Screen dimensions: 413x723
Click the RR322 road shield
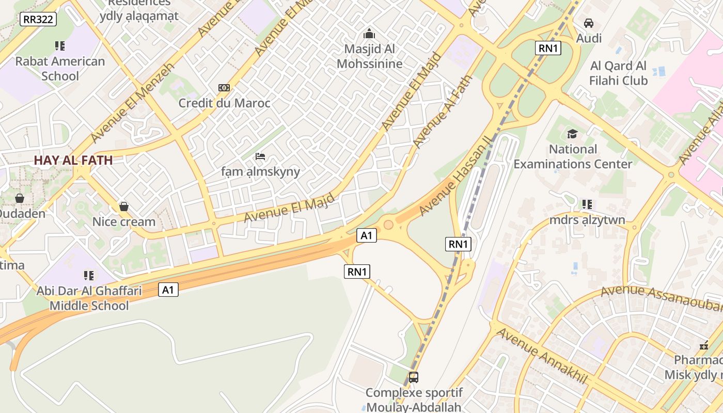pos(38,20)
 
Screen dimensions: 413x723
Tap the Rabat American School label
pos(60,69)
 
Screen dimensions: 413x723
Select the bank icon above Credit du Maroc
pos(224,88)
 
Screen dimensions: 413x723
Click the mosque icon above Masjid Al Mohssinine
pos(369,34)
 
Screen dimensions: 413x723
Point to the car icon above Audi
pos(589,23)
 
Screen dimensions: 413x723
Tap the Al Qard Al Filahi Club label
pos(619,73)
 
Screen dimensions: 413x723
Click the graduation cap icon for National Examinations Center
pos(572,134)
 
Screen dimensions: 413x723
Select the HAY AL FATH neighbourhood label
pos(73,160)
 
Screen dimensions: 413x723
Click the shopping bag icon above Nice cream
pos(124,206)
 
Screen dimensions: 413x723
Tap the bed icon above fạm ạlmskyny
pos(260,156)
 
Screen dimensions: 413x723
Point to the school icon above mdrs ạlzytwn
pos(587,204)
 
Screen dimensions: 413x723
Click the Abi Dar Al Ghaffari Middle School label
pos(89,298)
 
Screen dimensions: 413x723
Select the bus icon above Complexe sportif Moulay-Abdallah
pos(414,377)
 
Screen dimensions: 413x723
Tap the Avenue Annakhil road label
pos(542,356)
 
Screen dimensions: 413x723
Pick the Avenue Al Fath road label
pos(443,111)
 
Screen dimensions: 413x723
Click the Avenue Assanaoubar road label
pos(661,298)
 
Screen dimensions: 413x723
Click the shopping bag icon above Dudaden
pos(20,198)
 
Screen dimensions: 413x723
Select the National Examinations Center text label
pos(573,157)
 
